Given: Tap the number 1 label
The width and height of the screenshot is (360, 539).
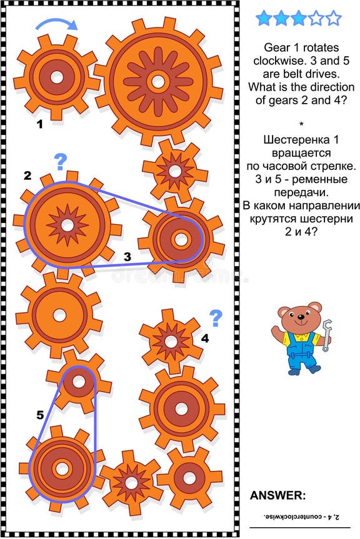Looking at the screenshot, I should point(39,124).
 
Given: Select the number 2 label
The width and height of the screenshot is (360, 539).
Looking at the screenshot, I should point(27,176).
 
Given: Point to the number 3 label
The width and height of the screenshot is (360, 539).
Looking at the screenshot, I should point(127,256).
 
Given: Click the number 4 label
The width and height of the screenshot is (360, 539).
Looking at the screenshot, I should point(205,339).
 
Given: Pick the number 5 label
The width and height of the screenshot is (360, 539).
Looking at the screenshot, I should point(40,413).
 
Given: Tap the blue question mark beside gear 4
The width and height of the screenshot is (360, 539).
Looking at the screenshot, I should point(216,319).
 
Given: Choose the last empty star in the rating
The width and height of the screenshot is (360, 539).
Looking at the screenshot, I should point(334,18).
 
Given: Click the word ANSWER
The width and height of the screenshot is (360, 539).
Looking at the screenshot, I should point(278,495).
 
